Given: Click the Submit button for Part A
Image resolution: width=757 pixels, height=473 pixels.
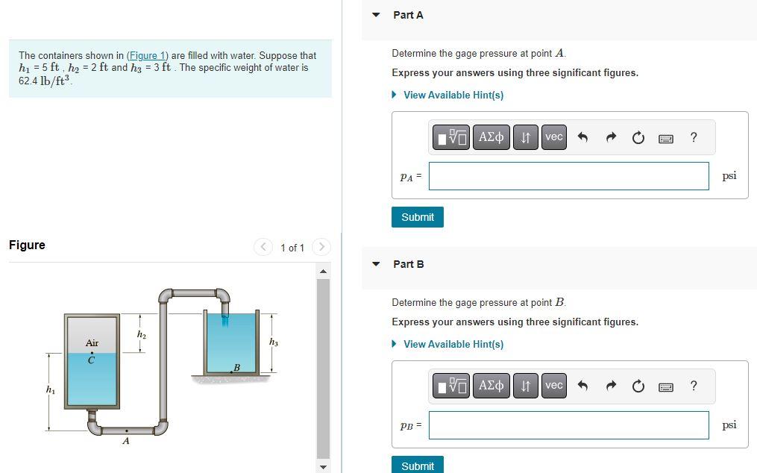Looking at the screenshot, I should pyautogui.click(x=417, y=217).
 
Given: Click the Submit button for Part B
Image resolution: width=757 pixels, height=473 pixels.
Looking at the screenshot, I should pyautogui.click(x=417, y=466).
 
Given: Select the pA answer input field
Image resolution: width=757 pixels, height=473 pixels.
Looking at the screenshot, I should pyautogui.click(x=568, y=176).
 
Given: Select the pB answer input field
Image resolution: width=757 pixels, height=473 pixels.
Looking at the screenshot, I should pyautogui.click(x=568, y=425).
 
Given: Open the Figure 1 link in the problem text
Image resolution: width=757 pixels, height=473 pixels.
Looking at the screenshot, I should pyautogui.click(x=148, y=56).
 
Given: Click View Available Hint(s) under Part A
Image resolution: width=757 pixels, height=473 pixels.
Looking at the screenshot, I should pyautogui.click(x=453, y=95).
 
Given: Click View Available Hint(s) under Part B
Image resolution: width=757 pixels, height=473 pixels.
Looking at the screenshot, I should pyautogui.click(x=453, y=344).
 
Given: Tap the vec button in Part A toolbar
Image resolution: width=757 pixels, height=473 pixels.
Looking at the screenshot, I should pyautogui.click(x=553, y=137).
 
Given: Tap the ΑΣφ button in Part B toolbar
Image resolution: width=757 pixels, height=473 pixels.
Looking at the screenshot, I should pyautogui.click(x=491, y=386).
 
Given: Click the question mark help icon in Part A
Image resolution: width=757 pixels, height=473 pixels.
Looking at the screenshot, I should pyautogui.click(x=694, y=137).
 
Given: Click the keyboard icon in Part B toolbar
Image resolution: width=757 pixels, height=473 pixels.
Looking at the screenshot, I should pyautogui.click(x=666, y=386).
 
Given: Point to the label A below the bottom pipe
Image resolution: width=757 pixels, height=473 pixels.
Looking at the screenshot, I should pyautogui.click(x=125, y=441).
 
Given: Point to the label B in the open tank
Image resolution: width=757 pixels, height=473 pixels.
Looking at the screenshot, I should pyautogui.click(x=236, y=366).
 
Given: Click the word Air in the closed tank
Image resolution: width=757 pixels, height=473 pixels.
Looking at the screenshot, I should pyautogui.click(x=92, y=343).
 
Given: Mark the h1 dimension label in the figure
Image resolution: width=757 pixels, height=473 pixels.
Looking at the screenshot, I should pyautogui.click(x=50, y=389).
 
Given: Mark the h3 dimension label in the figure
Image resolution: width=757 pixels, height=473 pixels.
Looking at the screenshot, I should pyautogui.click(x=274, y=342).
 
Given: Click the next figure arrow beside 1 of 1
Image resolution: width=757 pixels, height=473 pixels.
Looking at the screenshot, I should pyautogui.click(x=321, y=247).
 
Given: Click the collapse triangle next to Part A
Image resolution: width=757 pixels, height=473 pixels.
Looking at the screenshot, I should pyautogui.click(x=377, y=15).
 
